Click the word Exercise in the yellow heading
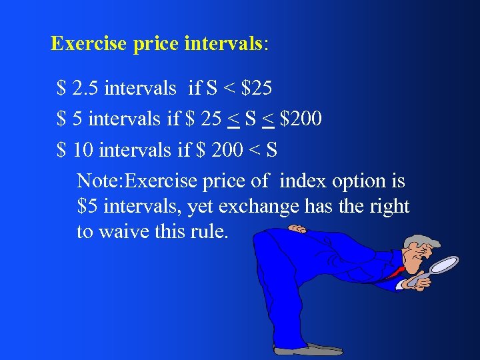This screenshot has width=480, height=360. coord(89,44)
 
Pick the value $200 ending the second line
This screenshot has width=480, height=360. coord(301,119)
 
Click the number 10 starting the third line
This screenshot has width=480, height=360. coord(83,151)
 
